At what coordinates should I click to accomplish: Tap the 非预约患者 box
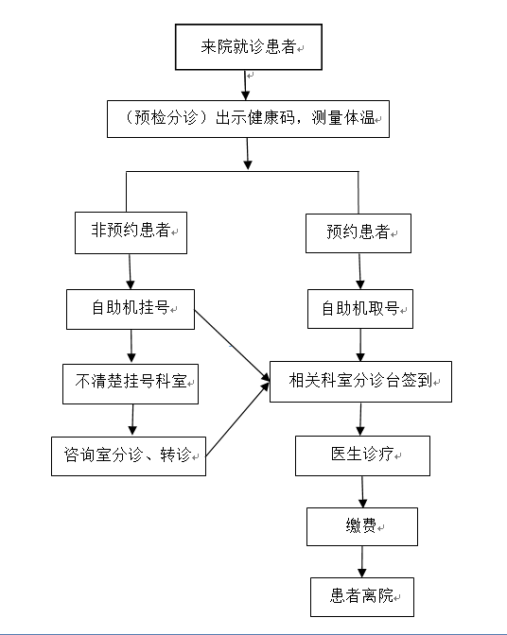(x=131, y=232)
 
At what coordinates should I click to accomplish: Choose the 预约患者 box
(x=358, y=232)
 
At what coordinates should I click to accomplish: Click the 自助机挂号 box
(x=130, y=309)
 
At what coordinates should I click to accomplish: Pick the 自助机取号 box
(x=359, y=309)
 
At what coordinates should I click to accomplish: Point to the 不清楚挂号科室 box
(x=131, y=384)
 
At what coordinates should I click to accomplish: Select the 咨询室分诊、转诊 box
(x=128, y=455)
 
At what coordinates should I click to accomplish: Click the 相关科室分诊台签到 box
(x=360, y=382)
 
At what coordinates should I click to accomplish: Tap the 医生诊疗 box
(x=362, y=455)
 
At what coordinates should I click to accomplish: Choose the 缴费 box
(x=361, y=526)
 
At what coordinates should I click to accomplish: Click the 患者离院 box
(x=361, y=595)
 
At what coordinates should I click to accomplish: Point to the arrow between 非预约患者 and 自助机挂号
(x=130, y=271)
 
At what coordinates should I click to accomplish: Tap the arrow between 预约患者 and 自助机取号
(x=358, y=271)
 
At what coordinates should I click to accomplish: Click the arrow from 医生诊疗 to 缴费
(x=362, y=490)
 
